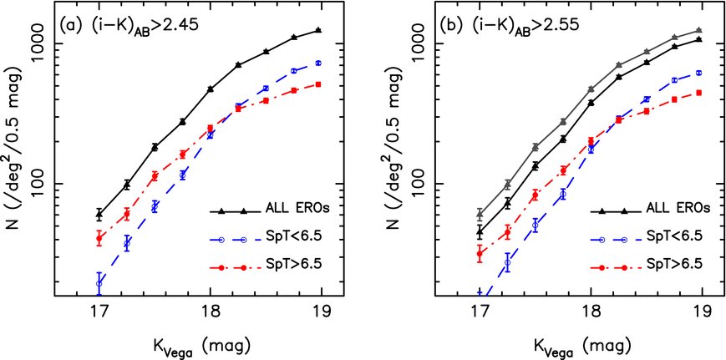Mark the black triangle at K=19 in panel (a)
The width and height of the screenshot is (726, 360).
click(x=318, y=30)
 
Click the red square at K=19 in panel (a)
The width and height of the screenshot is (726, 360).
click(x=318, y=84)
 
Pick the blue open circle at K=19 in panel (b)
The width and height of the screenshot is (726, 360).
click(x=698, y=73)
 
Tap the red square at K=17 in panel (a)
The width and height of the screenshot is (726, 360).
click(x=99, y=238)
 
